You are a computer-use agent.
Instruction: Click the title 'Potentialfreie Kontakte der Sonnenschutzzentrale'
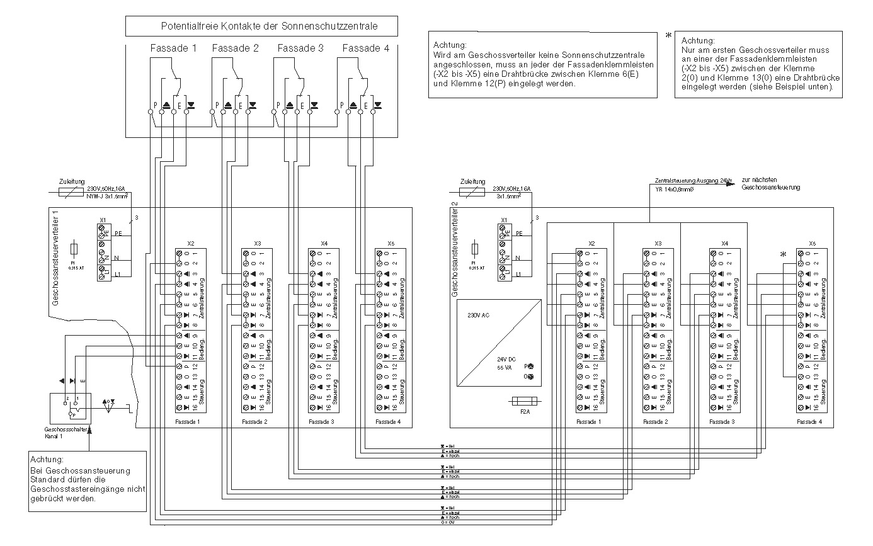[261, 27]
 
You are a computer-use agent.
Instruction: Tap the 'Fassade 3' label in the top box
[300, 48]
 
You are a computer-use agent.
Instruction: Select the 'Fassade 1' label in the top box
[173, 48]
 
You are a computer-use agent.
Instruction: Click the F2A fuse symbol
[525, 401]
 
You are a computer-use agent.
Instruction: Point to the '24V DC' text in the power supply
[498, 359]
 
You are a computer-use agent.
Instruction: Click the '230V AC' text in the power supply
[478, 314]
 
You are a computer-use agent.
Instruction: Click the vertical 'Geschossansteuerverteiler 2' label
[454, 249]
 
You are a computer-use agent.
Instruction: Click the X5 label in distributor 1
[391, 243]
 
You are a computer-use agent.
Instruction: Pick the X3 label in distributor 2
[658, 243]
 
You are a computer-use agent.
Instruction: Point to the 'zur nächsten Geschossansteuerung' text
[771, 184]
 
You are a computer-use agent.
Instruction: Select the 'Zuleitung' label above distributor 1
[71, 181]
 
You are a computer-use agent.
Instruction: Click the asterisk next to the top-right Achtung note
[668, 35]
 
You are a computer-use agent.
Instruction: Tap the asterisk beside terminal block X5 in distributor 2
[784, 254]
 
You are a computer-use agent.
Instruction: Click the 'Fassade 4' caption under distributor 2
[809, 421]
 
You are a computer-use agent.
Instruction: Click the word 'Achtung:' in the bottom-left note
[47, 460]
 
